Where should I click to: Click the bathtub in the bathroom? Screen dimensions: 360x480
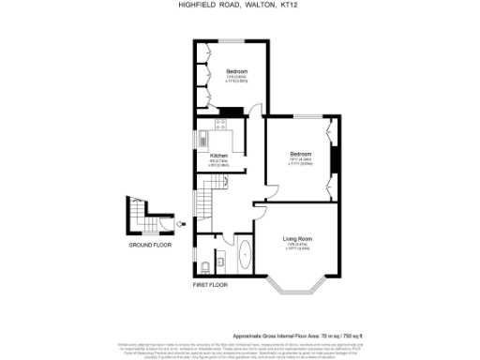pos(246,254)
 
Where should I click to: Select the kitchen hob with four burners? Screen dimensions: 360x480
pos(222,124)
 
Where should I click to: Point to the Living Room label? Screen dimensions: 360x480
pos(297,240)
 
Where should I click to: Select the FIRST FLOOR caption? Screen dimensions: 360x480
pos(211,283)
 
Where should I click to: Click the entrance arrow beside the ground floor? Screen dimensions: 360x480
pos(178,224)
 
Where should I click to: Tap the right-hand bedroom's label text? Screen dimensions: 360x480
pos(300,154)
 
